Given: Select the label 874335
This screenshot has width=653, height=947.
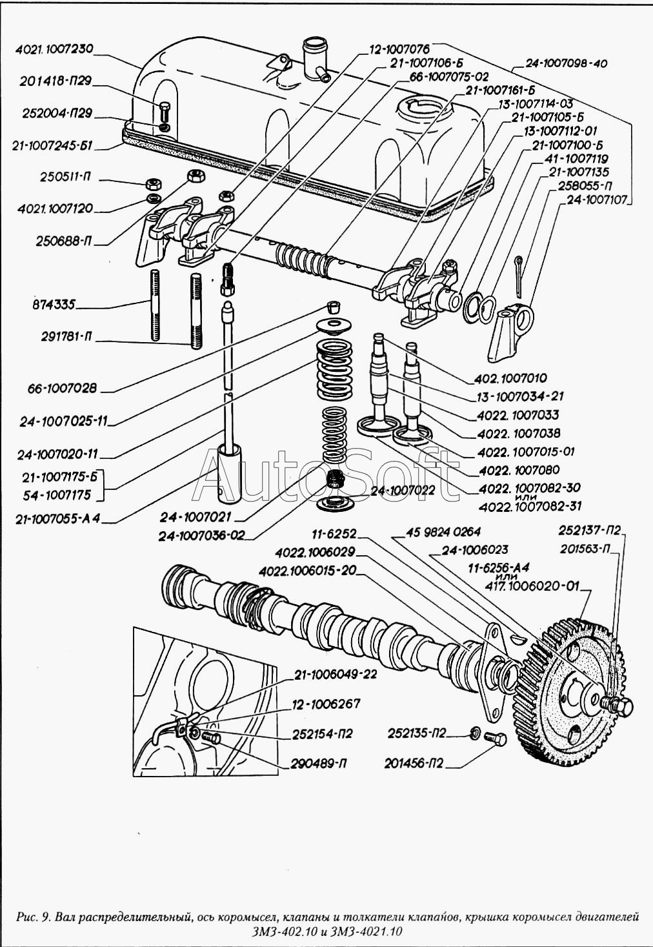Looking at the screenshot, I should point(54,304).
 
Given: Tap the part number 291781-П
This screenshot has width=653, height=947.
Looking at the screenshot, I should point(61,336).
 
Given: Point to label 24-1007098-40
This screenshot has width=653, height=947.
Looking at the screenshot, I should point(566,64).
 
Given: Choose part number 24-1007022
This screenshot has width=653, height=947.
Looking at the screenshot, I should point(403,491).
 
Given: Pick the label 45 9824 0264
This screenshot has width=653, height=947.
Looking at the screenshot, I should point(443,531).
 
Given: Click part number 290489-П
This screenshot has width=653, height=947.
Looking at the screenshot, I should point(319,764).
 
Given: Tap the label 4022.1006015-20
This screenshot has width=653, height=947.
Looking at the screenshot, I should point(307,571).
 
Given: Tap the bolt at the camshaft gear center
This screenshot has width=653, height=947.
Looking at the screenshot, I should point(621,706).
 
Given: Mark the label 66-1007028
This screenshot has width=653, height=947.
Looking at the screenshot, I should point(62,388).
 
